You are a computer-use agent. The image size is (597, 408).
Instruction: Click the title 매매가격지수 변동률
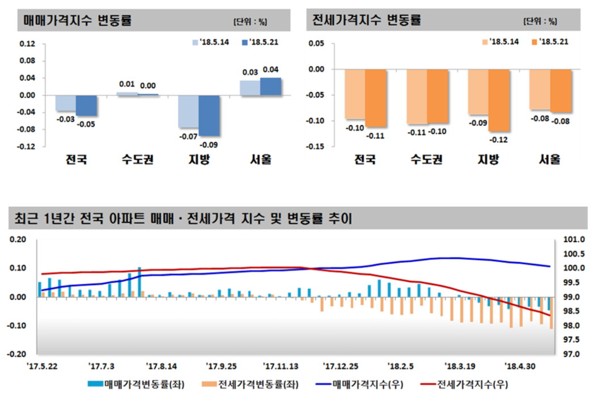(x=77, y=20)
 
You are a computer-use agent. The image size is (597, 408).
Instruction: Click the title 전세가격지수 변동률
(x=367, y=20)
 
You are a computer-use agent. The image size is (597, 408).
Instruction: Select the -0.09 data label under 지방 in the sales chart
(x=211, y=145)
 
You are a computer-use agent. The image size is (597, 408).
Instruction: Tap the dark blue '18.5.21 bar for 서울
(x=271, y=86)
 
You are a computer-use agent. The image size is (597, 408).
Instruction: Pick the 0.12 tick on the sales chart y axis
(x=27, y=44)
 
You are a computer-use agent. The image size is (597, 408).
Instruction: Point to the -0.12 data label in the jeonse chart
(x=499, y=140)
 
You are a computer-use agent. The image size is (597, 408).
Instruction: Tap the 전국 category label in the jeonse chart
(x=365, y=160)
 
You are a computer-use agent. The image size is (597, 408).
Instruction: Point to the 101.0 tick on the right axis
(x=573, y=239)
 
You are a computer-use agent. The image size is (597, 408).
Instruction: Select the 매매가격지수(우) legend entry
(x=361, y=384)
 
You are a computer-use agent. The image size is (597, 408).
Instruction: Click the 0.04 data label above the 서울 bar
(x=271, y=70)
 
